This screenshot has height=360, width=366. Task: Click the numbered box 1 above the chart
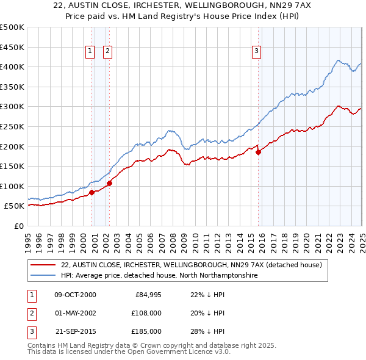pos(90,52)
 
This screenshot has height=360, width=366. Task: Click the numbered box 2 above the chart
pos(107,52)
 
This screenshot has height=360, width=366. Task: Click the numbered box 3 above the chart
pos(257,52)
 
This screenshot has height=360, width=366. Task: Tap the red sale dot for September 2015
pos(258,153)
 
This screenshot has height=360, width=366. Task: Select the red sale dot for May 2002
pos(109,183)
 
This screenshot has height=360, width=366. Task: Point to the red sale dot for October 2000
pos(92,192)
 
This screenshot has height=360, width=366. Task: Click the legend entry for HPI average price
pos(159,276)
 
